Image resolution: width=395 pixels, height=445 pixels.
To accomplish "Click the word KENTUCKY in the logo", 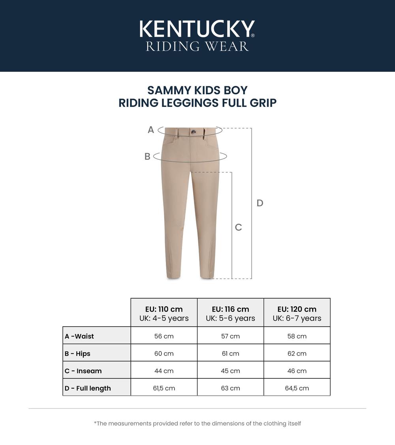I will click(x=197, y=29).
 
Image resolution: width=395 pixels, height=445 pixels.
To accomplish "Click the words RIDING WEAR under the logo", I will click(x=197, y=46).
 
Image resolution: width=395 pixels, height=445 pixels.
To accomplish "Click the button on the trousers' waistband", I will click(x=193, y=132).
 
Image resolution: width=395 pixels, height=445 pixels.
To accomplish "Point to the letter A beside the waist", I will click(x=150, y=130).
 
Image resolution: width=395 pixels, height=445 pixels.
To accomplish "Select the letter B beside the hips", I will click(x=147, y=157).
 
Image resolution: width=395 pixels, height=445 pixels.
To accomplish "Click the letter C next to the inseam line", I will click(x=238, y=227).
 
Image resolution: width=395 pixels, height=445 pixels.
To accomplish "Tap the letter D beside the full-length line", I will click(x=260, y=203).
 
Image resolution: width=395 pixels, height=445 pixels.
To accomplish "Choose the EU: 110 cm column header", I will click(x=164, y=309).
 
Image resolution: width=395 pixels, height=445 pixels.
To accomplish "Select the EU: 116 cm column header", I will click(x=230, y=309).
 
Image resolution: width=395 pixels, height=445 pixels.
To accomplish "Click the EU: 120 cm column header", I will click(x=297, y=309).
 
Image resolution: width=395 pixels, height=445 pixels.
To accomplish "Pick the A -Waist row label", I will click(x=79, y=337).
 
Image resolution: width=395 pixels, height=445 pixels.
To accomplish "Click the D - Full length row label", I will click(x=88, y=388).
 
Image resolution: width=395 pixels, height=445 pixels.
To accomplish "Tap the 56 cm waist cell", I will click(x=164, y=337).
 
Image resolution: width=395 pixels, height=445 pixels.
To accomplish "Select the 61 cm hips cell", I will click(x=230, y=353).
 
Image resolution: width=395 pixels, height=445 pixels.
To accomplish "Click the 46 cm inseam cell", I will click(x=297, y=371).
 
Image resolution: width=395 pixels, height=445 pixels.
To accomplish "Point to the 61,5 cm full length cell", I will click(x=164, y=388).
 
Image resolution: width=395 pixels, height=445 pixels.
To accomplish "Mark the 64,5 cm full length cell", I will click(x=297, y=388).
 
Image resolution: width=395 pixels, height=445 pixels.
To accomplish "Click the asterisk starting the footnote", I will click(x=95, y=423).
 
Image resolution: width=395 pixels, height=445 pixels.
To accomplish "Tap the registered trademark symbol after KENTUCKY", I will click(x=253, y=36).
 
